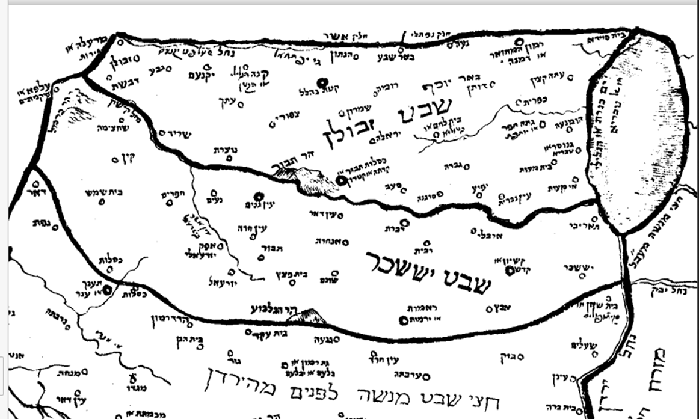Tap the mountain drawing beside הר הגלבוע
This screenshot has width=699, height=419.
[x=307, y=316]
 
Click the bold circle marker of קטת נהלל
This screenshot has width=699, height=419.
[x=322, y=82]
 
